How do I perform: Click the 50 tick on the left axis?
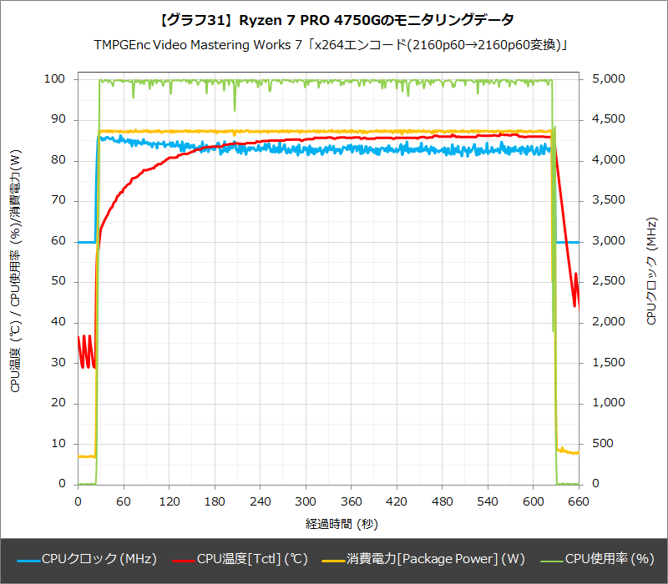tap(59, 281)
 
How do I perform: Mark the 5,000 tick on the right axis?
tap(606, 79)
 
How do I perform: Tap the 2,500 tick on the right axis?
tap(606, 281)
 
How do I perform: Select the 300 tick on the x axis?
tap(306, 501)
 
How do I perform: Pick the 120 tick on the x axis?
tap(170, 501)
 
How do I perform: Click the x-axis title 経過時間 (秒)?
tap(328, 523)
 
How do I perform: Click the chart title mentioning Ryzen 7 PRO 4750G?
tap(334, 19)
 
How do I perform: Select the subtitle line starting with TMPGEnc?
tap(334, 43)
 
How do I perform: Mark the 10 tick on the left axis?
tap(59, 443)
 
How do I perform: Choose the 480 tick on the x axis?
tap(443, 501)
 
